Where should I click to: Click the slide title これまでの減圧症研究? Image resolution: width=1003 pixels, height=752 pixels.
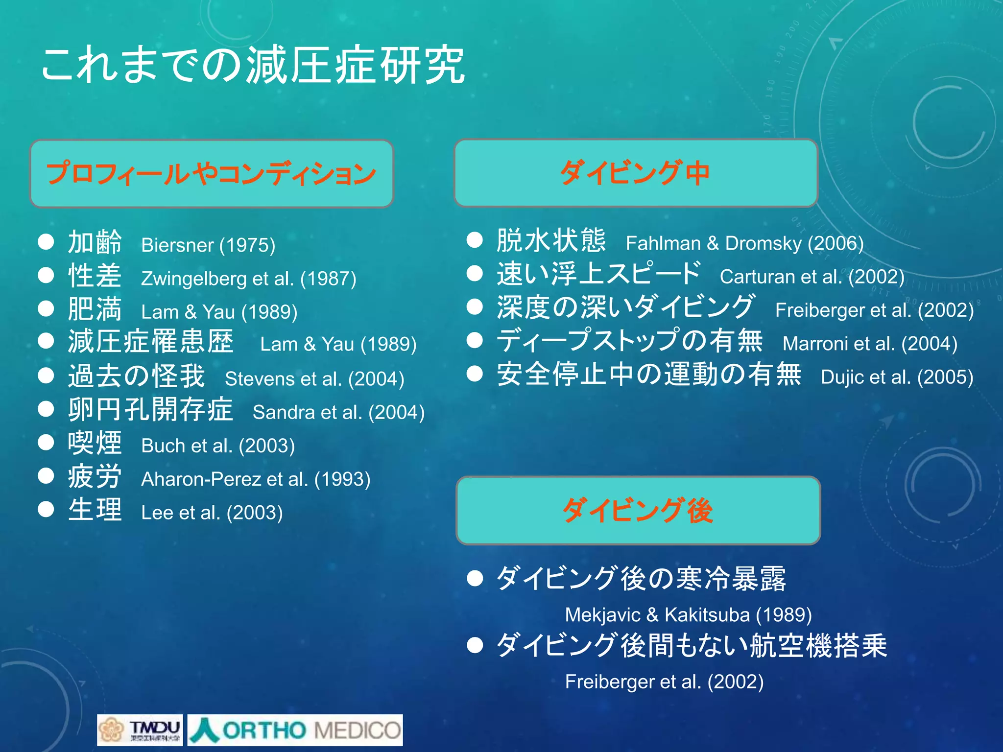(x=252, y=65)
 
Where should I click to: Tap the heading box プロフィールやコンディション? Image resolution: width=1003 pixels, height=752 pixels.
(x=212, y=174)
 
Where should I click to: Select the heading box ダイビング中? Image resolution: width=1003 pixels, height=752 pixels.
(x=636, y=173)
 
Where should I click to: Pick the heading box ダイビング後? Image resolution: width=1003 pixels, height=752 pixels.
(x=638, y=510)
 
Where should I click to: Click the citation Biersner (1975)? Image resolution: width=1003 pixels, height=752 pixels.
(x=208, y=245)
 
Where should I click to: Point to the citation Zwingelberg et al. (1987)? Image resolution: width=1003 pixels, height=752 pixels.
(x=248, y=279)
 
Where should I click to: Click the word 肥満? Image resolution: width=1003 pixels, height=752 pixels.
(x=95, y=309)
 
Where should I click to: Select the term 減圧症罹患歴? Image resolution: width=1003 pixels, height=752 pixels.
(x=150, y=342)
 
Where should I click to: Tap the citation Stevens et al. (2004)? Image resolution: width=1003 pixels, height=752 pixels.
(x=314, y=378)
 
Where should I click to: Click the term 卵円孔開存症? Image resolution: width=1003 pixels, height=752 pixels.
(x=150, y=409)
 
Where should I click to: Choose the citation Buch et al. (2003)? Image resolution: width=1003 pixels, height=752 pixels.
(x=218, y=446)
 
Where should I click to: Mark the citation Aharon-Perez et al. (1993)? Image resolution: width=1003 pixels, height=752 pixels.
(x=256, y=479)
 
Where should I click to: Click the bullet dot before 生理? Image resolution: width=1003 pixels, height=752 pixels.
(x=46, y=509)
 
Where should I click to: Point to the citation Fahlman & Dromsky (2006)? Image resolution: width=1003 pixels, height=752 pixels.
(x=744, y=243)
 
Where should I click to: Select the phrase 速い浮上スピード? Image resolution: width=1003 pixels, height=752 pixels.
(x=598, y=274)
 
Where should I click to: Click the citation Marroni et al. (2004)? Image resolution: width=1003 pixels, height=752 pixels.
(x=870, y=344)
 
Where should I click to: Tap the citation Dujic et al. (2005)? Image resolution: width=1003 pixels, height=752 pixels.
(x=897, y=377)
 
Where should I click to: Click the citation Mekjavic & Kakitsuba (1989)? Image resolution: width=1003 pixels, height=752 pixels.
(x=688, y=614)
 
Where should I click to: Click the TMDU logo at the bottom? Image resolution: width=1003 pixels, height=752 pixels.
(x=140, y=730)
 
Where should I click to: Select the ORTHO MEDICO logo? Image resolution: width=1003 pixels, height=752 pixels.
(x=295, y=730)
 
